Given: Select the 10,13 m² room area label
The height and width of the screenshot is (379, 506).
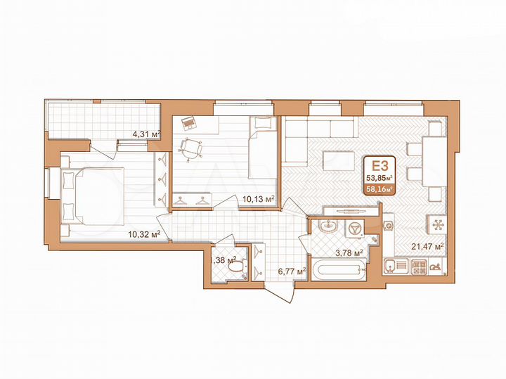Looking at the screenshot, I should [x=257, y=199].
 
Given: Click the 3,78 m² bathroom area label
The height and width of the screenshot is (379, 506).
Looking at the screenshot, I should [x=349, y=253].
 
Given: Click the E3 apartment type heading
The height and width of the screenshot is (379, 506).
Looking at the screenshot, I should [x=379, y=166].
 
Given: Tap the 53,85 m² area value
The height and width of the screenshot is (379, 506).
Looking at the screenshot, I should [x=379, y=178].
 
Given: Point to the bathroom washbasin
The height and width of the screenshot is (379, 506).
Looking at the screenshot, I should [x=327, y=226].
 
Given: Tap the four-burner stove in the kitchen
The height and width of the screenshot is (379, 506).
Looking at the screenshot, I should [x=419, y=267].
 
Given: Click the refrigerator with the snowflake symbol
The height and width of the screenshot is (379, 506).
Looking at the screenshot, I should [x=435, y=224].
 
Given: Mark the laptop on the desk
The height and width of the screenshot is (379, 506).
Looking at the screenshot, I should [x=187, y=124].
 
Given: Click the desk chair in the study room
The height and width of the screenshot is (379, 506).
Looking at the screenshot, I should [x=189, y=148].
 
